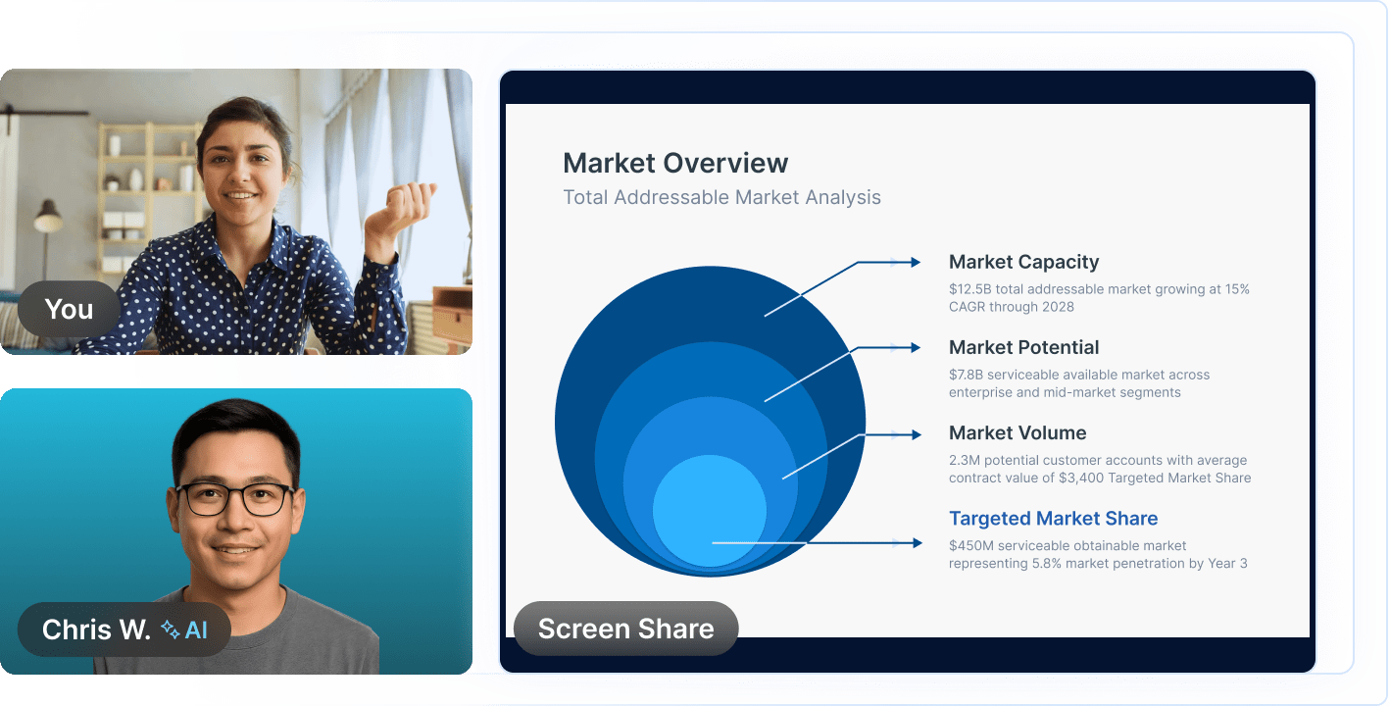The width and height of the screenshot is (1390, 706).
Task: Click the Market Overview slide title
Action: [675, 163]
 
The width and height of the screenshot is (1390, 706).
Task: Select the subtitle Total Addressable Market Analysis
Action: [721, 197]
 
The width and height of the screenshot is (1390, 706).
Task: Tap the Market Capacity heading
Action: [1023, 262]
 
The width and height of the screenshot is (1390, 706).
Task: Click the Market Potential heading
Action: [1023, 347]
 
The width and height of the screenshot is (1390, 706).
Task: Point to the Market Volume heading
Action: [1018, 432]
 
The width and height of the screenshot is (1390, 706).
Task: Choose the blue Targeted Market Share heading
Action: [1053, 519]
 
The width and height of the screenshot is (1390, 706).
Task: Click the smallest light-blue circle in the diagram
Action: [709, 510]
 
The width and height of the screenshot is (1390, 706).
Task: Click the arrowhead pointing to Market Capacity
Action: [915, 262]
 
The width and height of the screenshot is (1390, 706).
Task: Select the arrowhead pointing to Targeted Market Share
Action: [916, 542]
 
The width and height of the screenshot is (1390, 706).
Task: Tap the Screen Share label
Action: [625, 629]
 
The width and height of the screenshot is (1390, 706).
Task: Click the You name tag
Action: [69, 309]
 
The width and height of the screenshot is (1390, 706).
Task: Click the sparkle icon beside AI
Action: [170, 629]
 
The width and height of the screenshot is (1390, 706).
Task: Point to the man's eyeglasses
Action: [235, 498]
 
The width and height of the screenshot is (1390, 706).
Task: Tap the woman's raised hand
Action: [401, 206]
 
